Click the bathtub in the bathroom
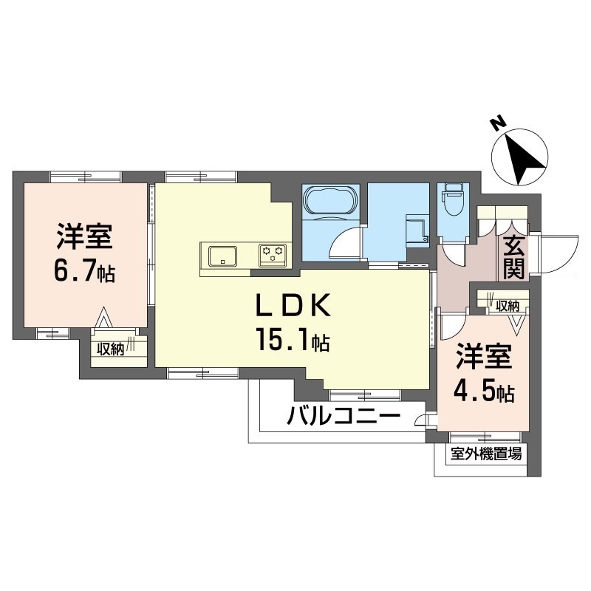[331, 201]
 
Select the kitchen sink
[222, 256]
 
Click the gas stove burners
[272, 255]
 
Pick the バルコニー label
[344, 417]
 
